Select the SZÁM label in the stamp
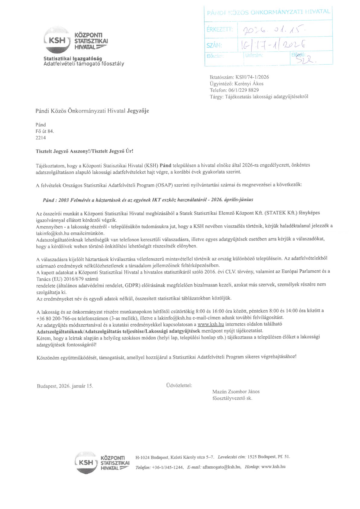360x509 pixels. (214, 46)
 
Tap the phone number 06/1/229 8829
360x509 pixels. (243, 90)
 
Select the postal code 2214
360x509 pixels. (41, 138)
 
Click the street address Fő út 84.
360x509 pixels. (45, 131)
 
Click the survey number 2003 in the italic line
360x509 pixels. (64, 200)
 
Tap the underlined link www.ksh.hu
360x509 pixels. (211, 324)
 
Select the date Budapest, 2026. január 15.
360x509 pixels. (65, 386)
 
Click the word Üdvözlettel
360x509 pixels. (179, 385)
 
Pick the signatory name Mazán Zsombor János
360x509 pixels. (236, 392)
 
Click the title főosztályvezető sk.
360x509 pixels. (232, 398)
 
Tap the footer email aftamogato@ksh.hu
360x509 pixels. (222, 467)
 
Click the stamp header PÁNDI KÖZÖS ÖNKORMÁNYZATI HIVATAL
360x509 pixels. (268, 12)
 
